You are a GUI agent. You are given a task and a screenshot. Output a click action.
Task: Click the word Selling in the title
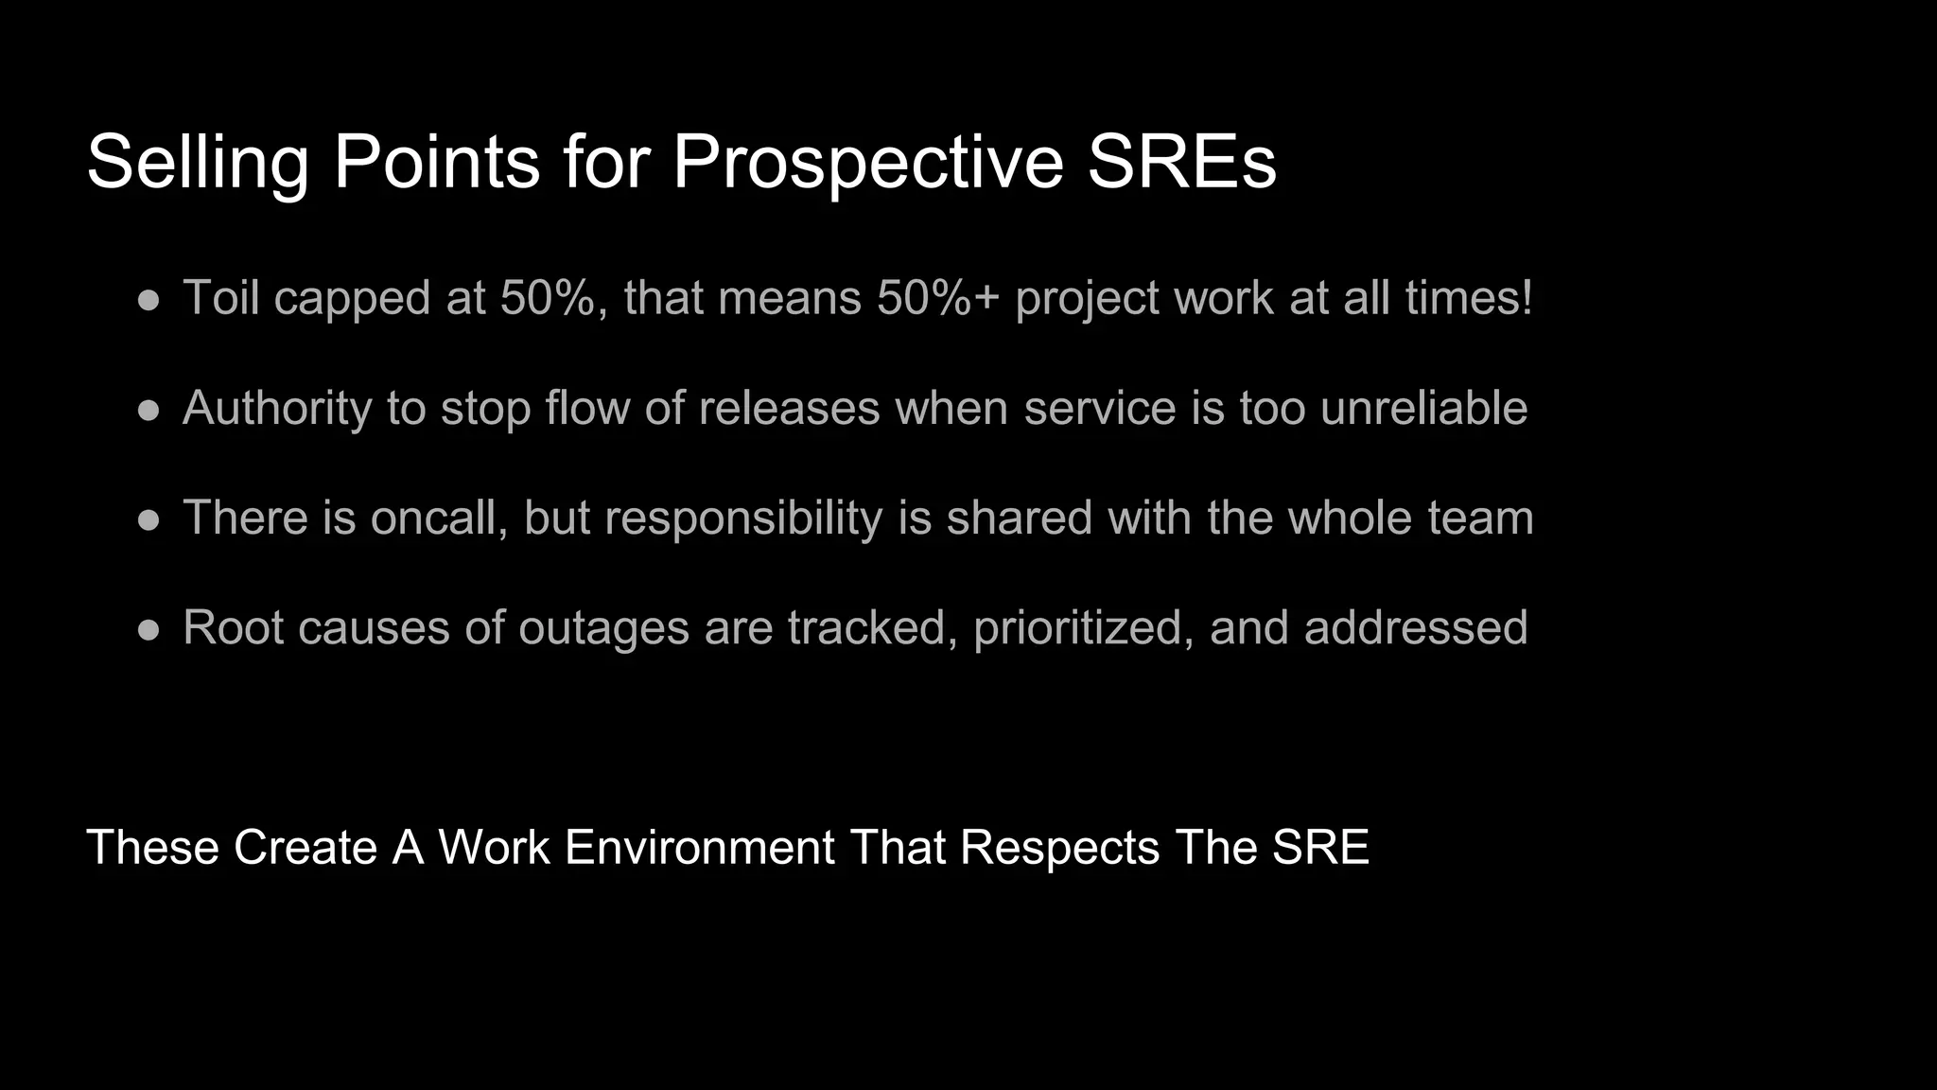coord(198,163)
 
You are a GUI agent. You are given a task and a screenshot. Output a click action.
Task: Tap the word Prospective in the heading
coord(868,163)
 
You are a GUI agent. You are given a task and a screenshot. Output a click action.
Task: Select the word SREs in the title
coord(1181,163)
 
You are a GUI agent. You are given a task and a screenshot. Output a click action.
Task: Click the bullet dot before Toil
coord(148,300)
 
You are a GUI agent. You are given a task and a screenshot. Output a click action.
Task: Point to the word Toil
coord(220,298)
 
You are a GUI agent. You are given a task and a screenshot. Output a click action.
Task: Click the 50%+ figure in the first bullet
coord(937,298)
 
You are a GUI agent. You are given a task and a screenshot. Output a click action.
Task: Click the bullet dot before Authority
coord(148,411)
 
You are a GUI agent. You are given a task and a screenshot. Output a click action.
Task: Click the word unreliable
coord(1423,409)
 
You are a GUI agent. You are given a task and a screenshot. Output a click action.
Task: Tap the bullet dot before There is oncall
coord(148,520)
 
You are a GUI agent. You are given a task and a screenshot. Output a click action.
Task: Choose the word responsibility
coord(743,519)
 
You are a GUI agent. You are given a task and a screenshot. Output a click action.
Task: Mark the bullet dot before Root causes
coord(148,630)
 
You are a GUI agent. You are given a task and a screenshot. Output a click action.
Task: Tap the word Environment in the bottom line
coord(699,847)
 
